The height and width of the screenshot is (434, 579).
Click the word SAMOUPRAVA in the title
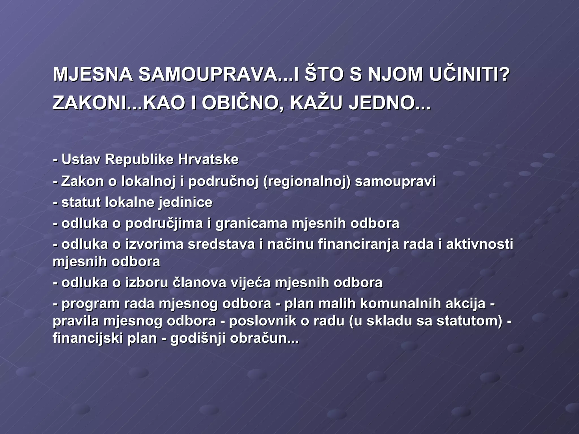click(x=208, y=75)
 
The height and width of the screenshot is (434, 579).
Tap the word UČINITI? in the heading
click(x=469, y=75)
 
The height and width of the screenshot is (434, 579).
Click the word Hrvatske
click(x=208, y=159)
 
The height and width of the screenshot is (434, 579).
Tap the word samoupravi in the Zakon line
click(x=395, y=181)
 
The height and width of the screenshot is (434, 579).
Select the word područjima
click(x=164, y=223)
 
